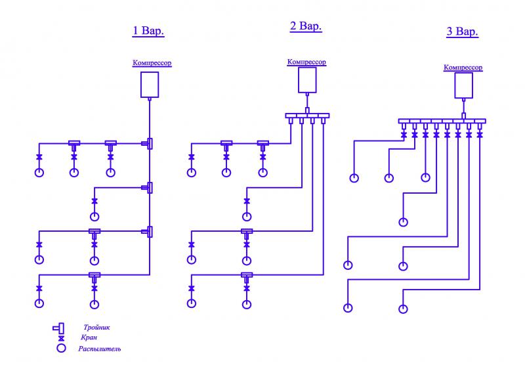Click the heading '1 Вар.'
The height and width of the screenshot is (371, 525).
(x=148, y=31)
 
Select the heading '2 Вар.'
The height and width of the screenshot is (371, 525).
(x=306, y=26)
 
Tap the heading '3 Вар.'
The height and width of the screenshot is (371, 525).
(x=462, y=32)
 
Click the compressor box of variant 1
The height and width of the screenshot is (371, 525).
(x=150, y=84)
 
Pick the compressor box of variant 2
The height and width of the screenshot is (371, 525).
(x=307, y=79)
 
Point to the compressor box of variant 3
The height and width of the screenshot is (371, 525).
(x=464, y=85)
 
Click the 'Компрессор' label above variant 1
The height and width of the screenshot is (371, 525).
(x=152, y=63)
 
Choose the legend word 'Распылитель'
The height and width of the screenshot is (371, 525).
(x=100, y=349)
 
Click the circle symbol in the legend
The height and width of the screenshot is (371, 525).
(x=62, y=349)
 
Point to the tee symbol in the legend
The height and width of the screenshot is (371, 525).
(x=59, y=327)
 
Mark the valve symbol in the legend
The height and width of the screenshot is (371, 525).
(x=62, y=338)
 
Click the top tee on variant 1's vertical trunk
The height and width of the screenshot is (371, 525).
(x=150, y=143)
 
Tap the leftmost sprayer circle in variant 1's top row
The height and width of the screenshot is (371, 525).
(x=39, y=173)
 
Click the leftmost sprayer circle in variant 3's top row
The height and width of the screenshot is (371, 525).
(x=354, y=177)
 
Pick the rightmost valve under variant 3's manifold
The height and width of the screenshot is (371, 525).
(x=480, y=135)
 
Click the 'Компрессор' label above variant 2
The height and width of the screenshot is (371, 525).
(x=306, y=62)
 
